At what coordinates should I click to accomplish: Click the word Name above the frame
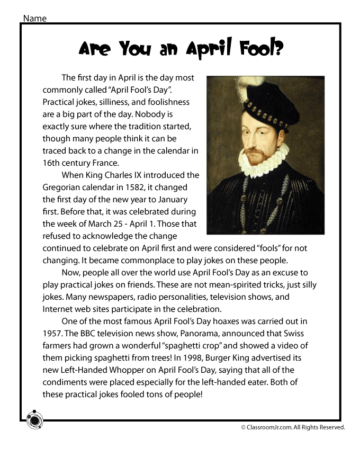(34, 19)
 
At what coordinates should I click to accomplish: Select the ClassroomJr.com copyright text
(293, 427)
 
